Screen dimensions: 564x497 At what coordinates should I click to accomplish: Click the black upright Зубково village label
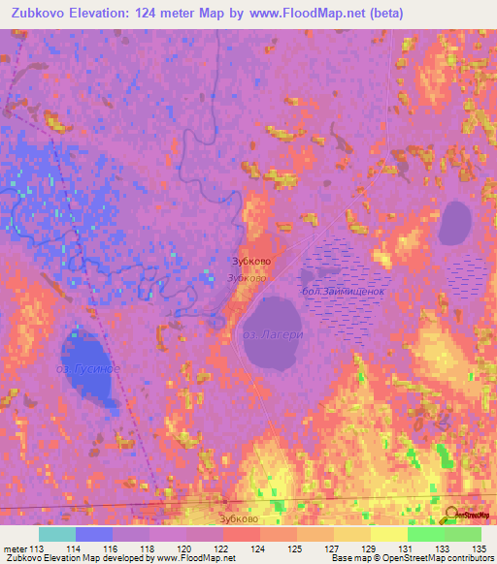pyautogui.click(x=248, y=262)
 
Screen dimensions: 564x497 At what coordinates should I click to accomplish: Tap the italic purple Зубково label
pyautogui.click(x=247, y=278)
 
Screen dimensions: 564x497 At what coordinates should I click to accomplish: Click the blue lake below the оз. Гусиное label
pyautogui.click(x=87, y=392)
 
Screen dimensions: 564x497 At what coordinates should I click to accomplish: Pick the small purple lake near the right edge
pyautogui.click(x=455, y=224)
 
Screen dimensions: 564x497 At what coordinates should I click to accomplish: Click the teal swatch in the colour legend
pyautogui.click(x=56, y=534)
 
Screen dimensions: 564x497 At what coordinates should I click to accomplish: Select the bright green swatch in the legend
pyautogui.click(x=425, y=534)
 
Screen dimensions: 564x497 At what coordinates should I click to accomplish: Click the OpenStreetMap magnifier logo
pyautogui.click(x=453, y=515)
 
